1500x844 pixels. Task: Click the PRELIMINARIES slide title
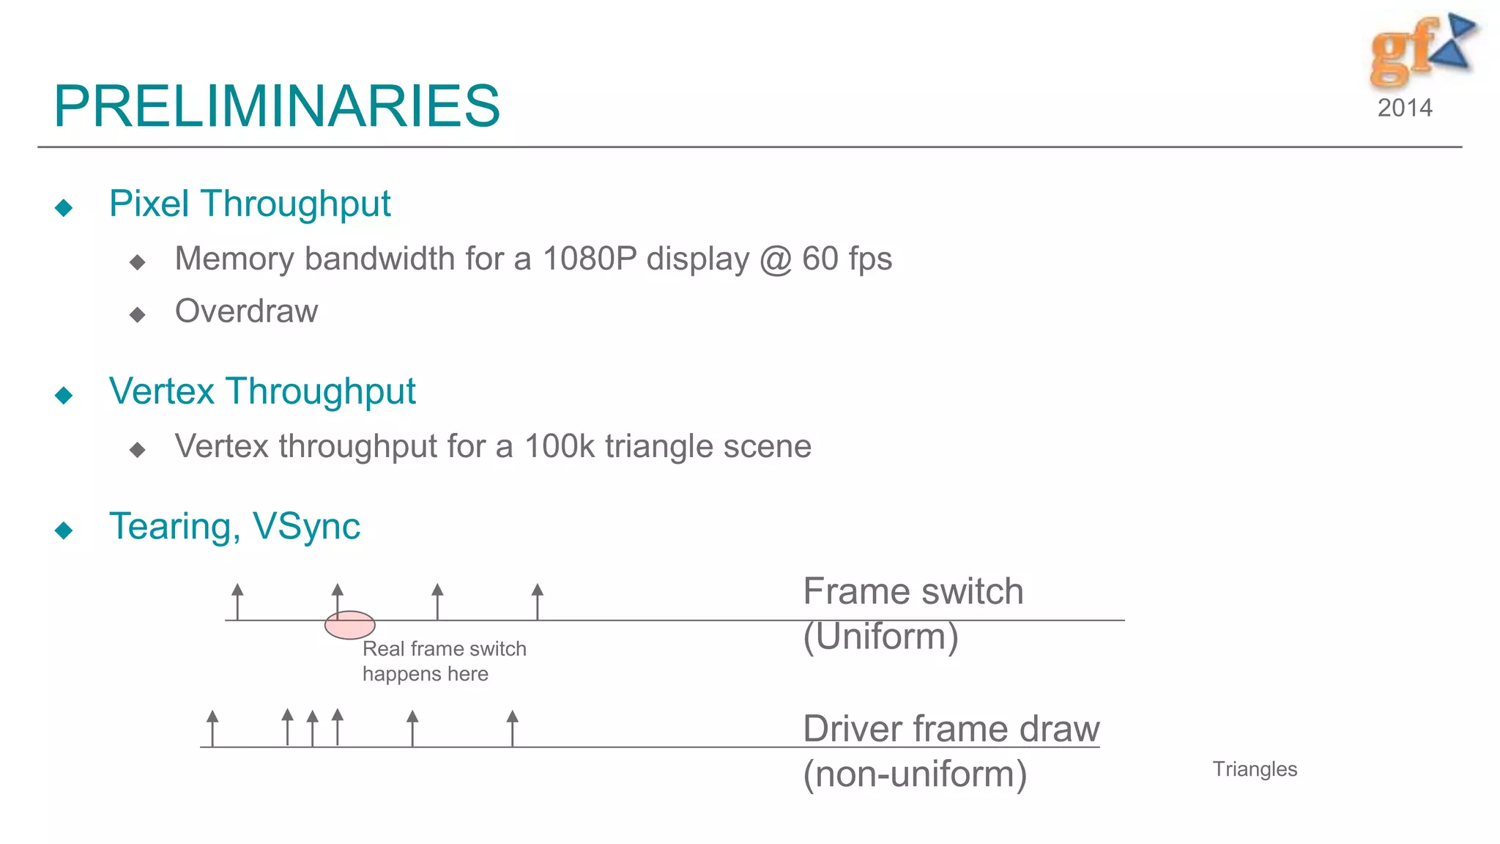pos(277,106)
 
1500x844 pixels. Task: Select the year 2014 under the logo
pos(1404,108)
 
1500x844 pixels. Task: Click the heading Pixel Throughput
pos(250,204)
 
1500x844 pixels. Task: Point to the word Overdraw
pos(246,311)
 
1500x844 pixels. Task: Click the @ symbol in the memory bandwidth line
pos(776,259)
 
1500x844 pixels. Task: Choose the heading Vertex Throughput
pos(262,391)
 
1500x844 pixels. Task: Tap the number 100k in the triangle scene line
pos(560,446)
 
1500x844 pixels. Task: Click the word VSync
pos(306,526)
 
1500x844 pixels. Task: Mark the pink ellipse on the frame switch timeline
pos(350,625)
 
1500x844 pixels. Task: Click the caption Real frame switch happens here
pos(443,661)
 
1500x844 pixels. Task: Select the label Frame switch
pos(913,591)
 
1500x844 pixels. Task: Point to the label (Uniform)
pos(880,636)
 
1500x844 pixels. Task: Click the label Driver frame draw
pos(951,729)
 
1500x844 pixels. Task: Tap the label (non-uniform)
pos(915,774)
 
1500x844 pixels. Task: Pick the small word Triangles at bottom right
pos(1255,769)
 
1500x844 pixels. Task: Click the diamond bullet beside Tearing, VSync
pos(64,530)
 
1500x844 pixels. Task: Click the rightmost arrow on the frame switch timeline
pos(538,601)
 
